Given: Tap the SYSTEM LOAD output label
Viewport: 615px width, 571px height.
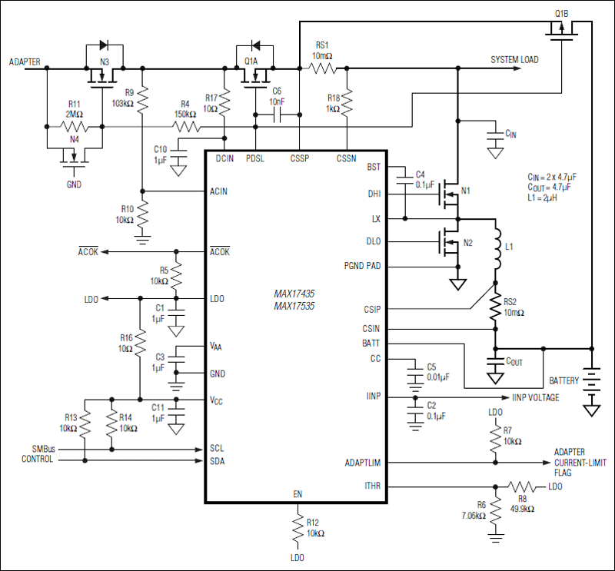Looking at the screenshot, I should pos(515,60).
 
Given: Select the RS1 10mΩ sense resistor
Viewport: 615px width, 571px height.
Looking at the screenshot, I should pos(323,68).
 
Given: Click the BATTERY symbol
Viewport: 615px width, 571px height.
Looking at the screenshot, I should pos(591,382).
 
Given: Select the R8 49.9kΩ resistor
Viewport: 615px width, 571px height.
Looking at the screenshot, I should pos(524,486).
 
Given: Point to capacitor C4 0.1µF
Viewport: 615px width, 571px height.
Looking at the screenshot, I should pos(405,184).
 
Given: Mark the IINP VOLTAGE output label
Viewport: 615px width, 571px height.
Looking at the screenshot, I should pos(535,398).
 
